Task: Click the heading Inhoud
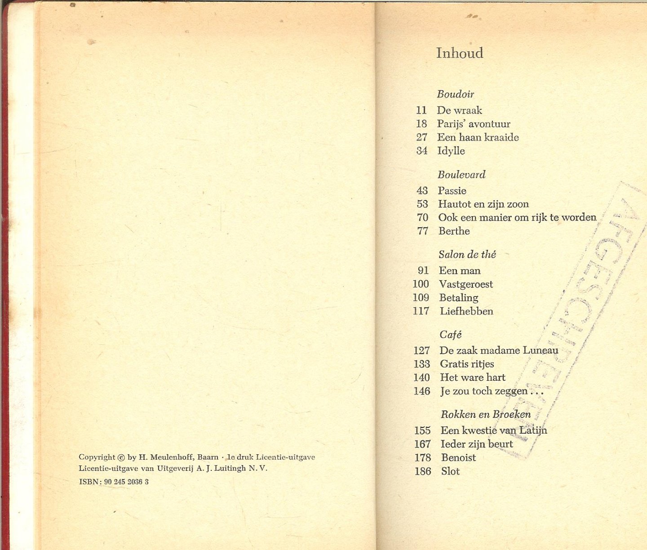(x=460, y=53)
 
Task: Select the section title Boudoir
(x=455, y=94)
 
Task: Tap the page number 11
(x=421, y=110)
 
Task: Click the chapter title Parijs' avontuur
(x=474, y=124)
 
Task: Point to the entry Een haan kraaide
(x=478, y=137)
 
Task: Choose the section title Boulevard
(x=461, y=175)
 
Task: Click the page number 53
(x=422, y=204)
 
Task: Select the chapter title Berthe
(x=454, y=231)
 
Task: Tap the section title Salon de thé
(x=467, y=255)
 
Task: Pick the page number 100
(x=421, y=284)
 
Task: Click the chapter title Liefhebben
(x=466, y=311)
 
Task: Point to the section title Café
(x=451, y=335)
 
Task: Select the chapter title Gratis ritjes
(x=467, y=364)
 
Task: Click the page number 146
(x=422, y=391)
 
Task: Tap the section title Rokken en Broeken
(x=486, y=414)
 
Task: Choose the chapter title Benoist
(x=458, y=457)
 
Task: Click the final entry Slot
(x=450, y=471)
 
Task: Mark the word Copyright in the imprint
(x=97, y=457)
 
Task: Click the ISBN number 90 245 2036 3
(x=126, y=482)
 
